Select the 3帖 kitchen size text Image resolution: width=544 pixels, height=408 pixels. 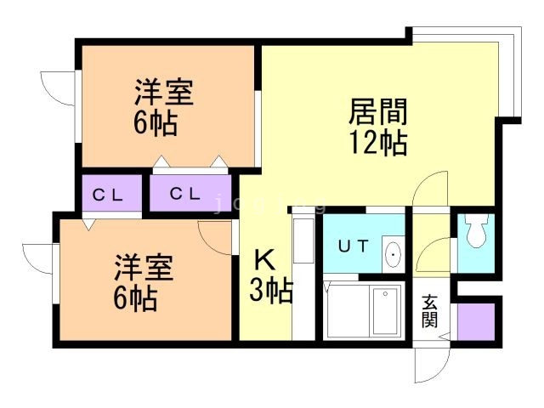[x=271, y=292]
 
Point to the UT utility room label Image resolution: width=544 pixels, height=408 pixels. [x=354, y=246]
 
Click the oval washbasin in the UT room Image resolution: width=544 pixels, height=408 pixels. [x=394, y=254]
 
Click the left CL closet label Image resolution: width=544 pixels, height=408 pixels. [x=107, y=194]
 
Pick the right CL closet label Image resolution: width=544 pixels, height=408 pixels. [x=184, y=194]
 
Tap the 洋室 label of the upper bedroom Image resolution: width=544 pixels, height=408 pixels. [x=163, y=93]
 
